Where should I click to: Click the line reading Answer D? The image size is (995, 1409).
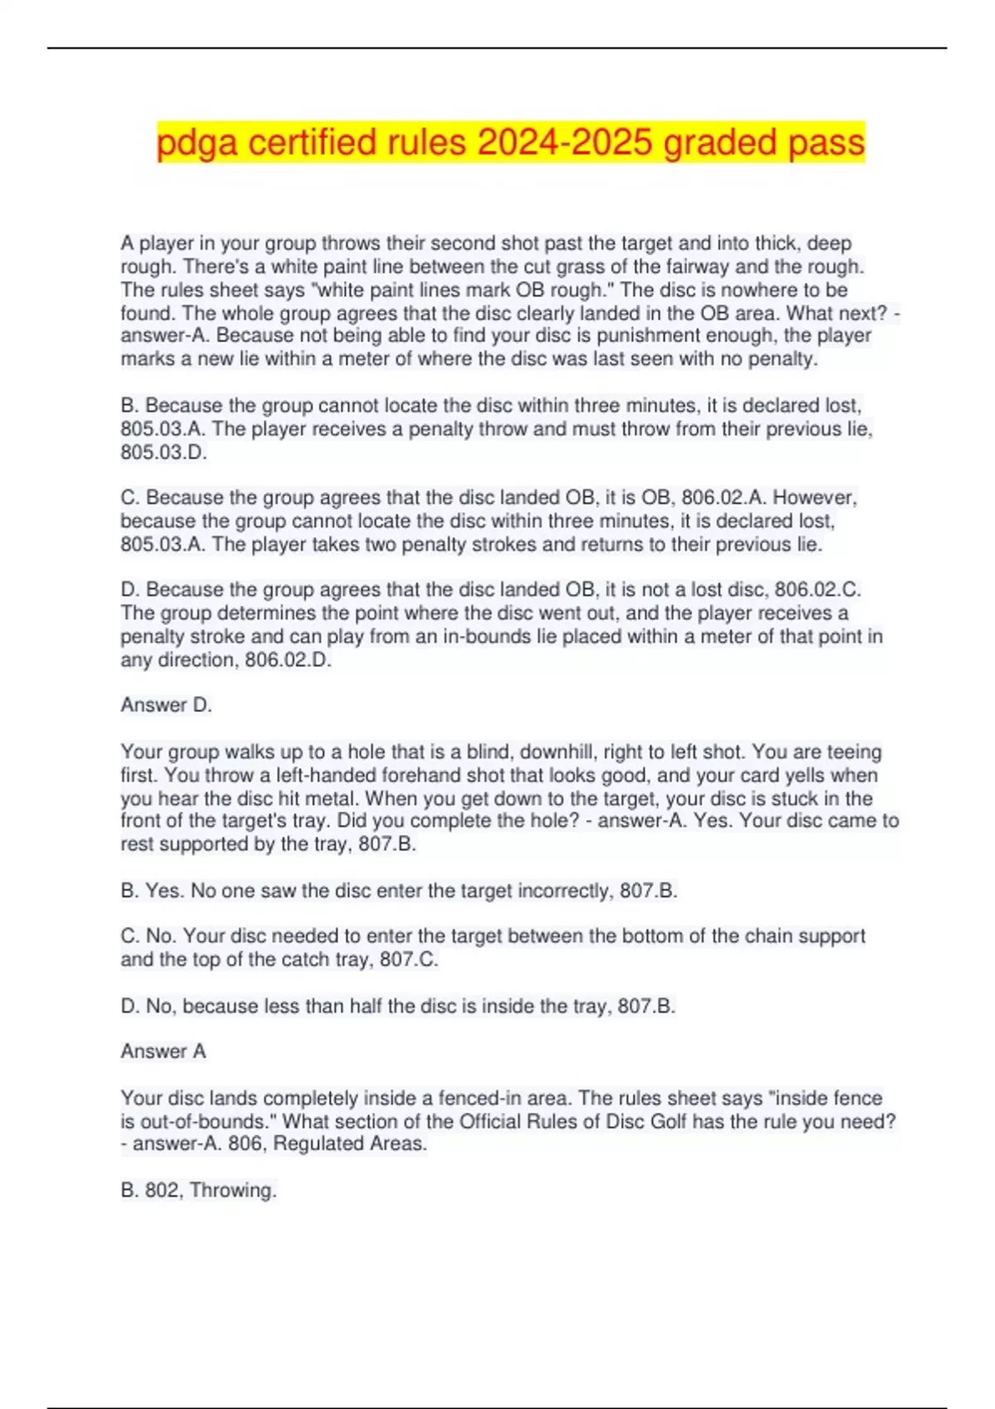(167, 705)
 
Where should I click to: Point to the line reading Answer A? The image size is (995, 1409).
(163, 1051)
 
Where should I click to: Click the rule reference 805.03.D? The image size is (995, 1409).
(163, 453)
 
